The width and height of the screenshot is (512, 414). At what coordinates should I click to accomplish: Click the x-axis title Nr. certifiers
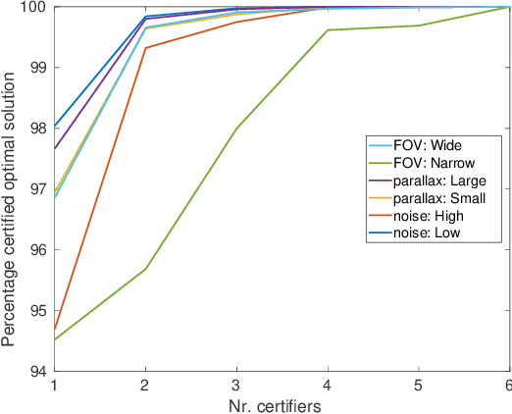coord(282,403)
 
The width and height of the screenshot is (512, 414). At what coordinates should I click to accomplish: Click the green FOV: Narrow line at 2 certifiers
coord(145,269)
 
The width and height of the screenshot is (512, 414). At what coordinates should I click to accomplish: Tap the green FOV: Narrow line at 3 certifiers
coord(236,129)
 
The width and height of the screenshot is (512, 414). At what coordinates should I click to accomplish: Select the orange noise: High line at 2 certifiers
coord(145,48)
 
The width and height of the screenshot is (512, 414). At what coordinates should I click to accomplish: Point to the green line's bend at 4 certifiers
coord(328,30)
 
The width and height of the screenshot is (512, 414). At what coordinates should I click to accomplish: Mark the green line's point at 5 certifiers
coord(419,26)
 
